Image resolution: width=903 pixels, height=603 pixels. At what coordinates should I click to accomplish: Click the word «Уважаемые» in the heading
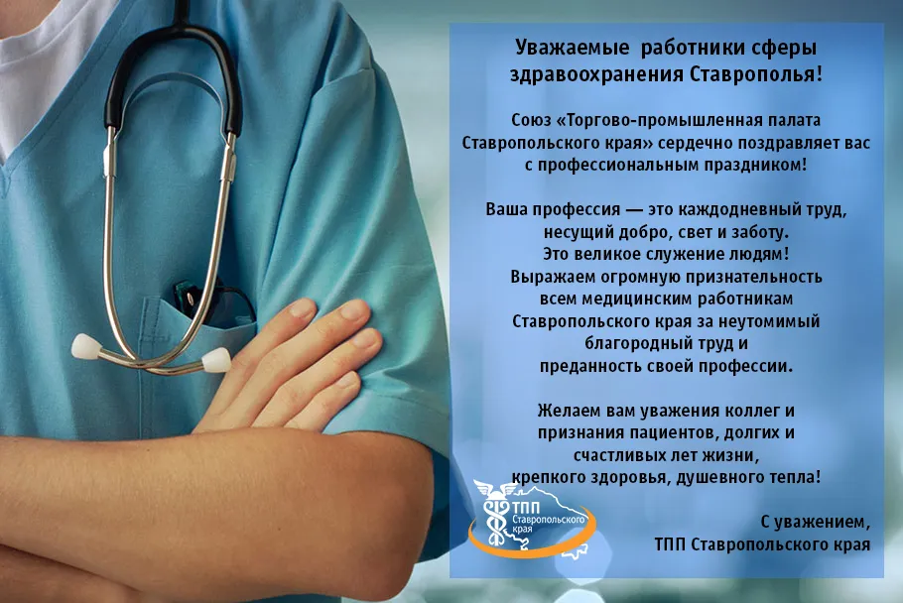pos(572,49)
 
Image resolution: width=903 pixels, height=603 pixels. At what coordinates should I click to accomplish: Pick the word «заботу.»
pos(759,232)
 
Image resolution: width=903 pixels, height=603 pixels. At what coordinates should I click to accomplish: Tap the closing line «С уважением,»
pos(816,522)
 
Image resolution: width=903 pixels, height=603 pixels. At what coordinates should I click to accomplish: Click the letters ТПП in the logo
pos(526,508)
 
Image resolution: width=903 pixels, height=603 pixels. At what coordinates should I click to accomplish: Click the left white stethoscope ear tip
pos(86,346)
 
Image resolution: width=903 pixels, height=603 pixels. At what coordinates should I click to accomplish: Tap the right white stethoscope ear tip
pos(216,360)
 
